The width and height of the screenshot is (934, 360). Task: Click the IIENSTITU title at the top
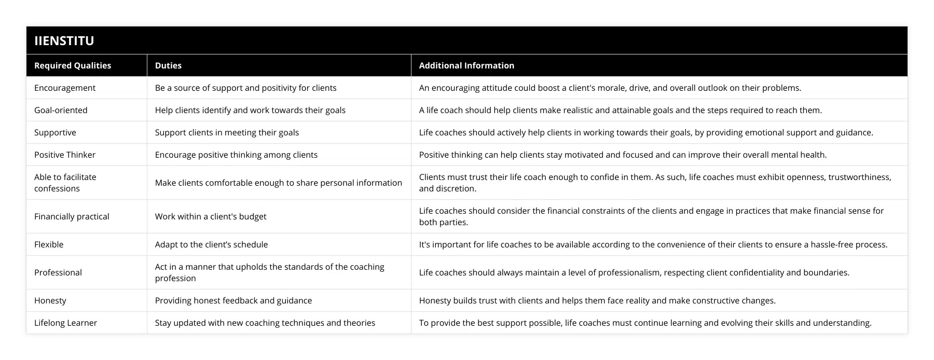[64, 41]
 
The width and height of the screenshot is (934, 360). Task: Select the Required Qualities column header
[73, 65]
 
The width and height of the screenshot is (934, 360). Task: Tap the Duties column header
[168, 65]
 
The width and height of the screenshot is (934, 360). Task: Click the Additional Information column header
[466, 65]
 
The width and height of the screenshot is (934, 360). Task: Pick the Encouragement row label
[65, 88]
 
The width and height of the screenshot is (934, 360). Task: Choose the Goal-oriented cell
[61, 110]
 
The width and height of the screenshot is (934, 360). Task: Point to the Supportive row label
[55, 132]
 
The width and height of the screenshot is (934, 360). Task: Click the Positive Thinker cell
[65, 155]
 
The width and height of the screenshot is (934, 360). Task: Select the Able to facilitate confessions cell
[65, 183]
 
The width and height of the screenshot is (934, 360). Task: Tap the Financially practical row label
[72, 216]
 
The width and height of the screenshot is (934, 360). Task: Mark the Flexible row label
[49, 244]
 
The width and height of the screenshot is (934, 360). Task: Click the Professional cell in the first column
[58, 272]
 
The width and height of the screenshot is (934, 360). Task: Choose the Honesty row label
[50, 300]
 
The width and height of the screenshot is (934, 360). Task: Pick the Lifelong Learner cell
[65, 323]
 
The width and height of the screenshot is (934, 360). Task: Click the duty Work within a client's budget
[211, 216]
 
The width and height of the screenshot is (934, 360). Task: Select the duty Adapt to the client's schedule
[211, 244]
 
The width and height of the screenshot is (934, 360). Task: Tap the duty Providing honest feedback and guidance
[233, 300]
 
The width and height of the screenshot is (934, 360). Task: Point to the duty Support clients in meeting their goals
[227, 132]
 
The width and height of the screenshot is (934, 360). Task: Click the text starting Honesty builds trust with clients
[597, 300]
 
